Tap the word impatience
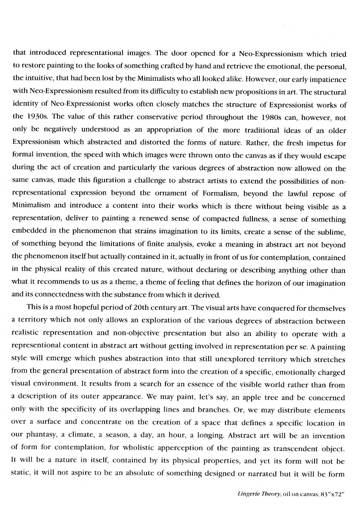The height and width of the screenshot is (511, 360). click(328, 80)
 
